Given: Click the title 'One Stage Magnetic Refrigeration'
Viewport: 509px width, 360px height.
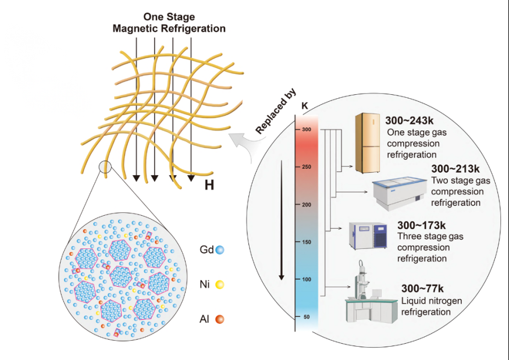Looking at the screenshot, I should pyautogui.click(x=168, y=23).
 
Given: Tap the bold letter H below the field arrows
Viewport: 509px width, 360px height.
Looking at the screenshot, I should pyautogui.click(x=210, y=186).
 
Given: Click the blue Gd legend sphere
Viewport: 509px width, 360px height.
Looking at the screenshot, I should pyautogui.click(x=220, y=251).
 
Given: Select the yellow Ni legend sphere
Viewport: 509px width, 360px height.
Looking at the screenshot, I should pyautogui.click(x=220, y=284).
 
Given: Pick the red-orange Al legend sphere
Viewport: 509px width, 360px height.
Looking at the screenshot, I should pyautogui.click(x=220, y=319).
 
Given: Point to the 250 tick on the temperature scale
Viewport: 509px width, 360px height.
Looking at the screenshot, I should pyautogui.click(x=306, y=167).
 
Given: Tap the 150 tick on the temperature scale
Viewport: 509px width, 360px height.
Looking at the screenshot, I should pyautogui.click(x=306, y=242).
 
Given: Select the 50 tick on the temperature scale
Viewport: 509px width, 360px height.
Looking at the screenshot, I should pyautogui.click(x=306, y=317).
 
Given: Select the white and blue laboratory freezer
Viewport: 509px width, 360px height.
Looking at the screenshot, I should pyautogui.click(x=368, y=238).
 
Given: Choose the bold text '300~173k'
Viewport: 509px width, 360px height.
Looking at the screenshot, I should pyautogui.click(x=421, y=225).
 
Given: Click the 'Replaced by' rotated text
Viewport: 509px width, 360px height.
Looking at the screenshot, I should pyautogui.click(x=276, y=112).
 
